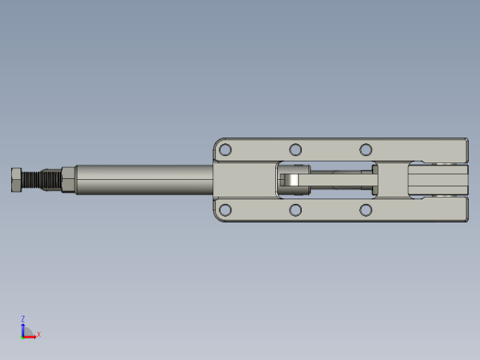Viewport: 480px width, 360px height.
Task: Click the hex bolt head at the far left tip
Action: tap(17, 180)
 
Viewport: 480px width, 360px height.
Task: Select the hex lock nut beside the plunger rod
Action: tap(68, 180)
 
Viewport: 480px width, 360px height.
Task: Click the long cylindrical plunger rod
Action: tap(145, 180)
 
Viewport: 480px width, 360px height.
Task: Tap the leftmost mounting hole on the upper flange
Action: tap(225, 150)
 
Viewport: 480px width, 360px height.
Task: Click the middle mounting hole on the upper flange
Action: tap(295, 150)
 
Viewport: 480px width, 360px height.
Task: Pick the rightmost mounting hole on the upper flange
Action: tap(366, 150)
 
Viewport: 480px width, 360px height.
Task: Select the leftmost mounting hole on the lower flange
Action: tap(225, 210)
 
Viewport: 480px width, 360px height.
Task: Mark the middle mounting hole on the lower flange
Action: tap(295, 210)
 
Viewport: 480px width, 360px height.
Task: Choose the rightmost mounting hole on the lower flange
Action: tap(366, 210)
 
